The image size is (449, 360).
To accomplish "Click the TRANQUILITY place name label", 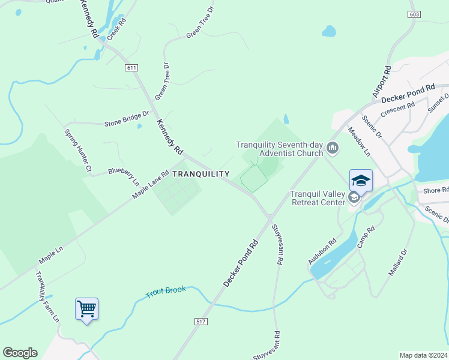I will (x=200, y=174).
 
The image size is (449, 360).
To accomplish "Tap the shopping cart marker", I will (x=87, y=310).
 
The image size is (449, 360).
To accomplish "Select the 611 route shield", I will (x=131, y=68).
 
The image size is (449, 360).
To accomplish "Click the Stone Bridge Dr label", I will (x=126, y=119).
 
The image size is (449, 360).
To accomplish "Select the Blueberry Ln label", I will (x=124, y=175).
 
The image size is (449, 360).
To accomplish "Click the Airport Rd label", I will (x=381, y=82).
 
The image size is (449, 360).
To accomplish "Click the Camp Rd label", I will (x=366, y=237).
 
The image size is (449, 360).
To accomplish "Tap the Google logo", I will (x=20, y=353).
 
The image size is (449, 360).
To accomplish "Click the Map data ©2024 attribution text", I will (x=424, y=355).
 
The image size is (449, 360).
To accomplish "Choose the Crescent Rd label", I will (x=398, y=109).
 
